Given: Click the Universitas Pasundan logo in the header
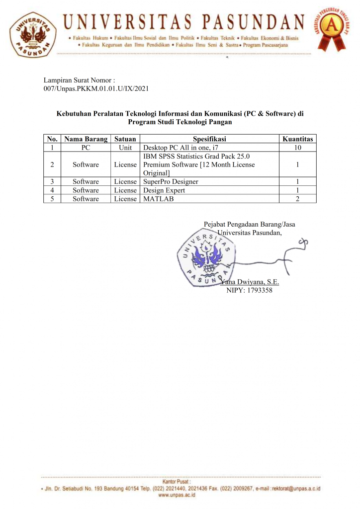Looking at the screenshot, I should click(33, 33).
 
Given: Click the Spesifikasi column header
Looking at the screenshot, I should click(209, 139).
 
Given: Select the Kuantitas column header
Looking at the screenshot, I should click(297, 139).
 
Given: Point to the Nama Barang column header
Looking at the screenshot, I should click(86, 139).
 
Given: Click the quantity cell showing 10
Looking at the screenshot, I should click(297, 148).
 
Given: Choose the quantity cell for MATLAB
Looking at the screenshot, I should click(297, 199).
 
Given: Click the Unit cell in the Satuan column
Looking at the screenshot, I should click(125, 148).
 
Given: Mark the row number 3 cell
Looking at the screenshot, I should click(52, 181).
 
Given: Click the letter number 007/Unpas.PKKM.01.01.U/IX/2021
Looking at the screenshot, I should click(96, 88).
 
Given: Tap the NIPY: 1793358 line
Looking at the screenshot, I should click(250, 290).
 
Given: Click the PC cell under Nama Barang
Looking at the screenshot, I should click(86, 148).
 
